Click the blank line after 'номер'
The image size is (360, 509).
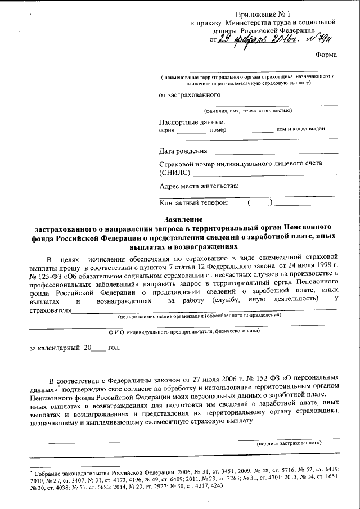(250, 132)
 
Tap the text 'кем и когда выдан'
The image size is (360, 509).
(301, 129)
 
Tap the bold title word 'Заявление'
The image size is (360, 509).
(181, 219)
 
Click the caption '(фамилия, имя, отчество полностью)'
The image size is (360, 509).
(248, 110)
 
